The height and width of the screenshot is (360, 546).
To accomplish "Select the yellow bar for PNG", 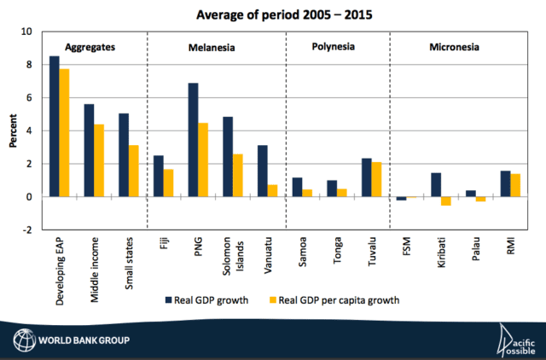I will pyautogui.click(x=204, y=160).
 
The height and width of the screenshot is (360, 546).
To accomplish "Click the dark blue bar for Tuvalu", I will pyautogui.click(x=365, y=177).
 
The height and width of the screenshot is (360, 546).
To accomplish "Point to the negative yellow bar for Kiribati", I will pyautogui.click(x=445, y=201).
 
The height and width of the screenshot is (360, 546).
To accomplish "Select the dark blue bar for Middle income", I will pyautogui.click(x=89, y=150).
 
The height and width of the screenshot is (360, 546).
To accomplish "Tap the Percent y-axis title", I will pyautogui.click(x=14, y=131).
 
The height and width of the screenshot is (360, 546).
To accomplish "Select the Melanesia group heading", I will pyautogui.click(x=212, y=47).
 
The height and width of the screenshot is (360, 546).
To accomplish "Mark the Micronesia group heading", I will pyautogui.click(x=453, y=47).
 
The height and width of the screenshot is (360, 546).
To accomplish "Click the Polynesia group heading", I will pyautogui.click(x=333, y=47).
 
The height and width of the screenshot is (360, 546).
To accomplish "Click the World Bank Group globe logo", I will pyautogui.click(x=22, y=343).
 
